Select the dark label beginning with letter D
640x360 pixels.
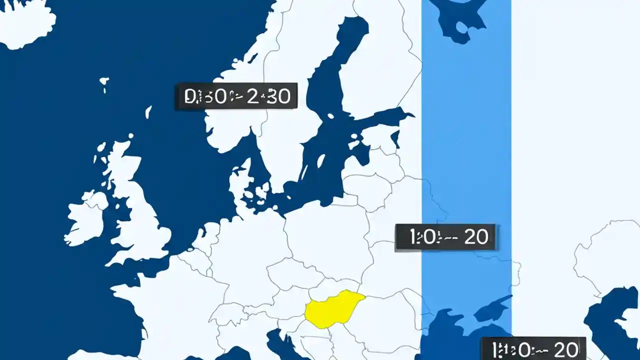coord(236,96)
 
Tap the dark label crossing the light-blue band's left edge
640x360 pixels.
coord(445,237)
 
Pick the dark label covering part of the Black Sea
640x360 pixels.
coord(533,348)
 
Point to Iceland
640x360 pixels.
coord(25,22)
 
